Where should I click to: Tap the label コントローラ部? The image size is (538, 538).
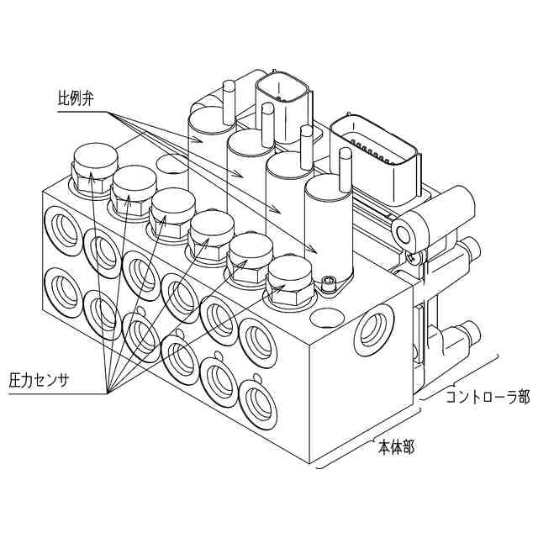point(488,394)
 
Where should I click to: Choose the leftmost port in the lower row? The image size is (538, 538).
point(64,287)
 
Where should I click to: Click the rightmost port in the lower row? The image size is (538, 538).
point(256,400)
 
